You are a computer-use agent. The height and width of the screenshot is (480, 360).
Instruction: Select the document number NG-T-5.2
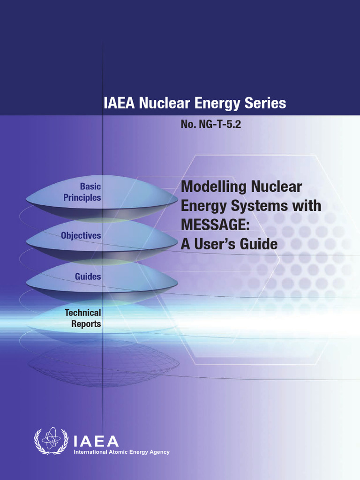click(210, 125)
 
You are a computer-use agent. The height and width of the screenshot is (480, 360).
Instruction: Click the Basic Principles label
click(82, 192)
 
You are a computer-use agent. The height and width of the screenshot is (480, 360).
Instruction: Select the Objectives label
click(81, 235)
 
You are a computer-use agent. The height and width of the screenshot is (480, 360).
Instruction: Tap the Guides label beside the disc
click(88, 277)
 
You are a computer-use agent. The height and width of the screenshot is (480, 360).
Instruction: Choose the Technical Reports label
click(82, 318)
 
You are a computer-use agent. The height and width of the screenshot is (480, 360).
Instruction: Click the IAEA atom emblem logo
click(52, 441)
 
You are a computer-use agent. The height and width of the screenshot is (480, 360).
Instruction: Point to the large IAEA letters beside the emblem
click(96, 441)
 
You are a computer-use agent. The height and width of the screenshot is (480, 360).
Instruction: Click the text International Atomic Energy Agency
click(121, 452)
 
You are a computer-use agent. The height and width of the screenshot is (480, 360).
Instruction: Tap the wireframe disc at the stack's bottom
click(103, 363)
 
